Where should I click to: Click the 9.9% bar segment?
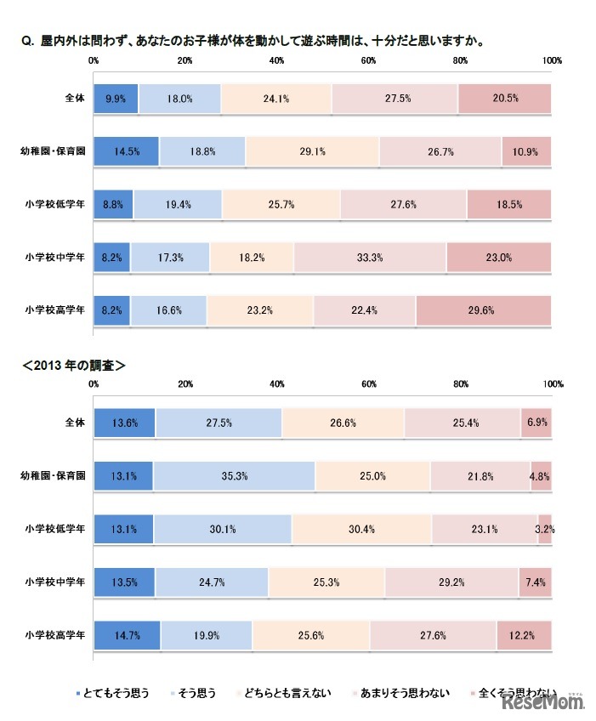click(x=116, y=99)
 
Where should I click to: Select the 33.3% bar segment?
click(x=370, y=257)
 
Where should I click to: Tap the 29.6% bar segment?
click(x=483, y=310)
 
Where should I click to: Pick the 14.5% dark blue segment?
click(x=126, y=151)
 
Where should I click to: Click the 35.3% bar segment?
click(x=234, y=476)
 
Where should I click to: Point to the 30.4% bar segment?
click(x=361, y=529)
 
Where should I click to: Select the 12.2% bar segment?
click(x=524, y=635)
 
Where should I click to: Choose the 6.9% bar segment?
click(x=536, y=423)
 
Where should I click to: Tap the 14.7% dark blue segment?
click(x=127, y=635)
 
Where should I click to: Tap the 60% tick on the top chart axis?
click(x=368, y=60)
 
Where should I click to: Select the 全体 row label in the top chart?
click(x=75, y=99)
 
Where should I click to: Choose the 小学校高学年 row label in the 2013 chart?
click(x=55, y=635)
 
